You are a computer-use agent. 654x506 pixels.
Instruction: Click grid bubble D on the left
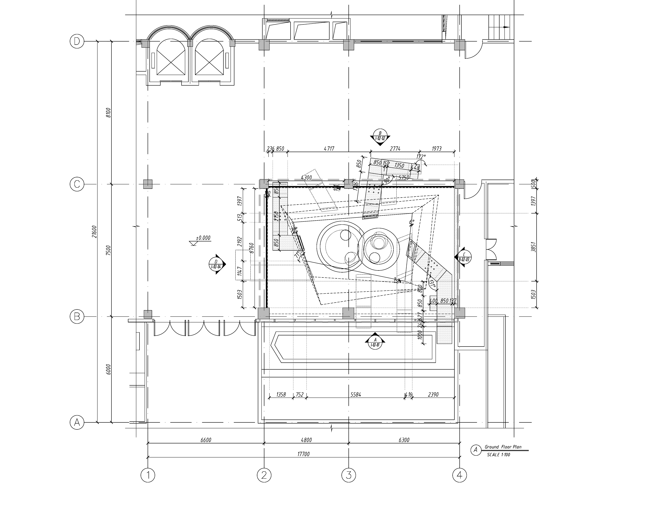click(77, 41)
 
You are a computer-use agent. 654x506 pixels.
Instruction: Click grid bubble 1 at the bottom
click(148, 475)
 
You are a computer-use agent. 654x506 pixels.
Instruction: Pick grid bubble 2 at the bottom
click(264, 475)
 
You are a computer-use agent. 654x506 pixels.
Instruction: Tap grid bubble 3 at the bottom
click(349, 475)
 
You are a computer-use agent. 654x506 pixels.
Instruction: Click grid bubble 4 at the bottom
click(460, 475)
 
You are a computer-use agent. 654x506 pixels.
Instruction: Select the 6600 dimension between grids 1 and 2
click(206, 440)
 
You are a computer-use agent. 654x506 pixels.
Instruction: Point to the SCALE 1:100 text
click(498, 455)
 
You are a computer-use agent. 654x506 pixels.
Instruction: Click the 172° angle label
click(421, 157)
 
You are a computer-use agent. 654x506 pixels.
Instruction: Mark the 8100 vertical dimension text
click(108, 112)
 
